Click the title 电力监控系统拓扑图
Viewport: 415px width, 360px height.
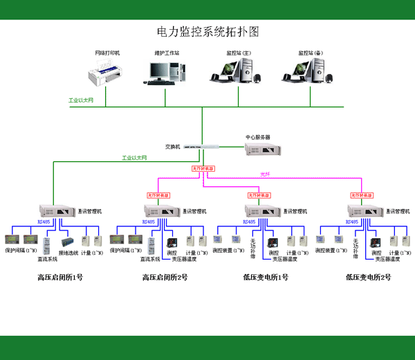point(207,32)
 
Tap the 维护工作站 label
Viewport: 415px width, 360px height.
point(166,53)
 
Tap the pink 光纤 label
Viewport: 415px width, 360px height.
point(264,173)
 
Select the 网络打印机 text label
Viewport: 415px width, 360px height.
point(107,53)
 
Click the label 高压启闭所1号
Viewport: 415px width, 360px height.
point(60,278)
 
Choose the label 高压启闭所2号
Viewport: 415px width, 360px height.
point(165,278)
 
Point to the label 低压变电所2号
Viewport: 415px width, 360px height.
point(368,278)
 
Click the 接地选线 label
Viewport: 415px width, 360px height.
point(69,253)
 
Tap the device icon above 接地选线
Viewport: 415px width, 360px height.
point(68,242)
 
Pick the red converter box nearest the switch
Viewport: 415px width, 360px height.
point(203,168)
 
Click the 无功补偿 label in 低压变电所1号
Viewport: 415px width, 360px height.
point(253,248)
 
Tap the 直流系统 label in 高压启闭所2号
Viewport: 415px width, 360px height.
point(150,259)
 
